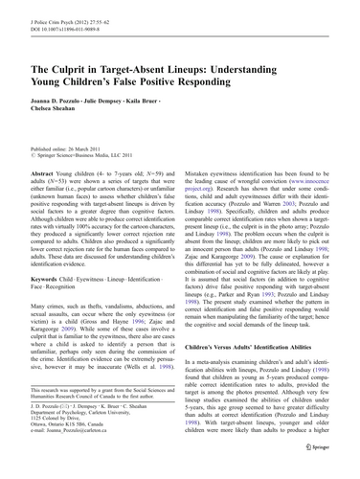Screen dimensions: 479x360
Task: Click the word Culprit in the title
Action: [77, 69]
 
